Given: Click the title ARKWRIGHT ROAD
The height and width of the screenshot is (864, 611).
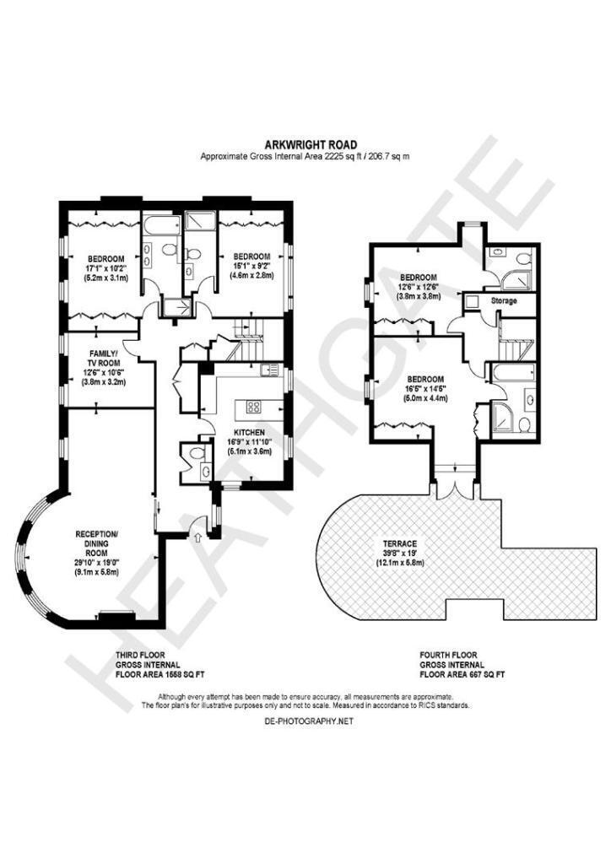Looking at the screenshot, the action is pyautogui.click(x=311, y=145).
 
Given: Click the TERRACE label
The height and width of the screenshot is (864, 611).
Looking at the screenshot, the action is pyautogui.click(x=400, y=543).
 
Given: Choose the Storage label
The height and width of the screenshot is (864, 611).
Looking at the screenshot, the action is pyautogui.click(x=504, y=301).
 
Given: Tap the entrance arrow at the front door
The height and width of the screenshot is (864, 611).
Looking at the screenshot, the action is pyautogui.click(x=198, y=537).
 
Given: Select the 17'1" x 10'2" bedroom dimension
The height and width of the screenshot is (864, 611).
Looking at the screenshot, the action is pyautogui.click(x=105, y=268).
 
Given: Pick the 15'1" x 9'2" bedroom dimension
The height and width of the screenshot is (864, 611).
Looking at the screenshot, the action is pyautogui.click(x=251, y=266).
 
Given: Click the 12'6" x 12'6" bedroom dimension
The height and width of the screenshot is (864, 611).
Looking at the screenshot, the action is pyautogui.click(x=419, y=287).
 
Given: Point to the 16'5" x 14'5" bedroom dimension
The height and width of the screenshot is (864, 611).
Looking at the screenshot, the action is pyautogui.click(x=425, y=388).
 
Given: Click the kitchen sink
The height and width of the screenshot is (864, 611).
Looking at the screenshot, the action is pyautogui.click(x=270, y=370).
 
